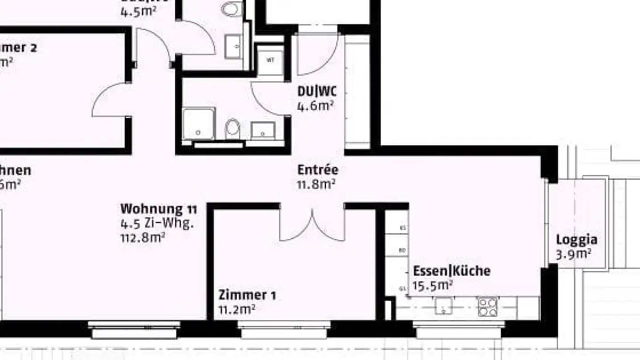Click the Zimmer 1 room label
click(247, 295)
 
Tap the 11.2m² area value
click(236, 309)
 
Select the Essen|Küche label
click(452, 271)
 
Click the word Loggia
click(576, 240)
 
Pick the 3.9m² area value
click(573, 254)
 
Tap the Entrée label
click(318, 170)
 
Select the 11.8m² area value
click(316, 184)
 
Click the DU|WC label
click(317, 92)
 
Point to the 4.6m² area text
click(316, 106)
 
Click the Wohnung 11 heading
click(159, 208)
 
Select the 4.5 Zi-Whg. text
click(157, 223)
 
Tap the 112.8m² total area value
click(143, 237)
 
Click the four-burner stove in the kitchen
click(488, 307)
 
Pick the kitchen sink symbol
click(444, 307)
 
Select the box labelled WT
click(270, 60)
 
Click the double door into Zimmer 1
click(312, 224)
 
